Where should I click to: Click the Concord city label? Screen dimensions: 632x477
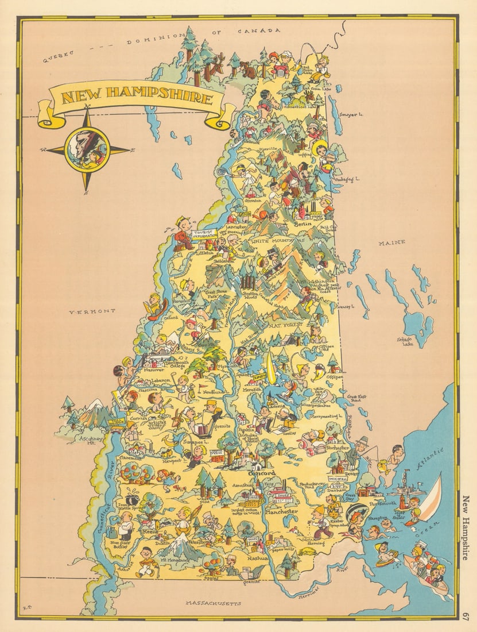(262, 473)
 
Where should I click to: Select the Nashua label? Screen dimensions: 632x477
(258, 558)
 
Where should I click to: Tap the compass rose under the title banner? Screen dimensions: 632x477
(87, 150)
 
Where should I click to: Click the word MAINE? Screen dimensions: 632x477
(391, 242)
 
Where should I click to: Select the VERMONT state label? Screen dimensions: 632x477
(92, 311)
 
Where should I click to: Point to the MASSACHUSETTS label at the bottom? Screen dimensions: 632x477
(213, 603)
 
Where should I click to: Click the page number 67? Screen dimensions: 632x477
(466, 615)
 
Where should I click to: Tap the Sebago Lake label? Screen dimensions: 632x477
(405, 341)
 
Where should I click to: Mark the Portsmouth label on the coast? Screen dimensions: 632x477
(382, 503)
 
